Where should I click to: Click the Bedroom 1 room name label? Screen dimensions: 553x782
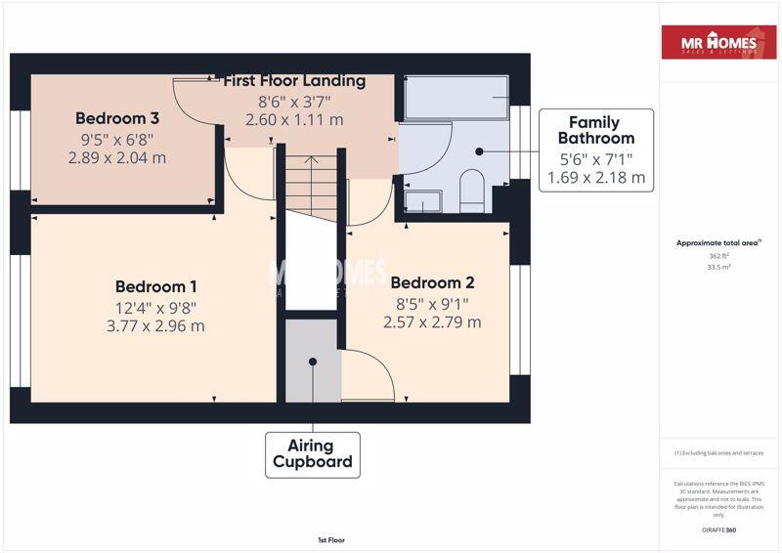pyautogui.click(x=156, y=286)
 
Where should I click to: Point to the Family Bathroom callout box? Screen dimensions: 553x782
pyautogui.click(x=595, y=149)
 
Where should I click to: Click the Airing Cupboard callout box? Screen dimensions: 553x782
pyautogui.click(x=313, y=454)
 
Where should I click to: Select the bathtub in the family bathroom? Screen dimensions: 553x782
pyautogui.click(x=456, y=98)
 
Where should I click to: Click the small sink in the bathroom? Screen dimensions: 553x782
pyautogui.click(x=422, y=201)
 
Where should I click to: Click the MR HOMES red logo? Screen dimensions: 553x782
pyautogui.click(x=718, y=43)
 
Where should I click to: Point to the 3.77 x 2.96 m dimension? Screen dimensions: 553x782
pyautogui.click(x=156, y=326)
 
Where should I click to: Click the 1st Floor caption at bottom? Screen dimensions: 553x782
pyautogui.click(x=330, y=539)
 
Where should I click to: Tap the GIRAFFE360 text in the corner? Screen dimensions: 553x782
pyautogui.click(x=718, y=531)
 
